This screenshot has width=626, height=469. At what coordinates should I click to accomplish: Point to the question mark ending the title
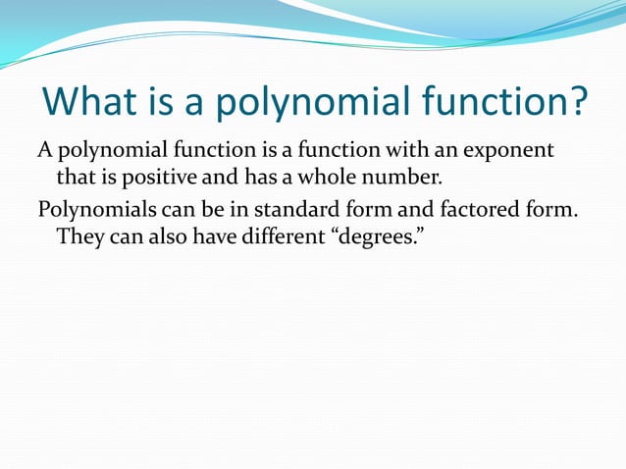point(576,103)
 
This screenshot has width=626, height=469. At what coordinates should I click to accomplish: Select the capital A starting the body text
point(44,152)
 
